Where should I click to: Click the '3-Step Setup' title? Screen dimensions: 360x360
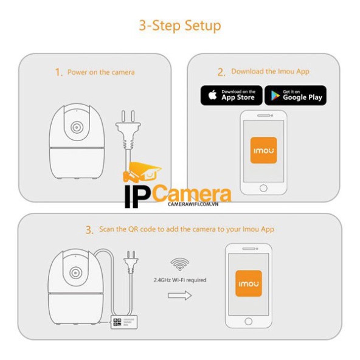pyautogui.click(x=179, y=26)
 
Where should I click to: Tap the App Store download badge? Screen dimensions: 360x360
pyautogui.click(x=232, y=95)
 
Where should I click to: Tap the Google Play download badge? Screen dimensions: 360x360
pyautogui.click(x=296, y=95)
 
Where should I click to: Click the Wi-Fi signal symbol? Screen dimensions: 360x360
pyautogui.click(x=179, y=264)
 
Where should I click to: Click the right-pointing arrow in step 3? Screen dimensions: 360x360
pyautogui.click(x=179, y=295)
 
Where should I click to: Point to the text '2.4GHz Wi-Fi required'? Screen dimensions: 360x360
pyautogui.click(x=179, y=280)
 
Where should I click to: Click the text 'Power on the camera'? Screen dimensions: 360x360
pyautogui.click(x=101, y=72)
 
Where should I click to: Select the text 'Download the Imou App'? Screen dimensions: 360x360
pyautogui.click(x=270, y=72)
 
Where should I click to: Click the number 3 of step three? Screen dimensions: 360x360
pyautogui.click(x=89, y=230)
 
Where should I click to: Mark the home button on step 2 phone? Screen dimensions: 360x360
pyautogui.click(x=263, y=189)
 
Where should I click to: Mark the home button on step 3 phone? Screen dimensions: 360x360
pyautogui.click(x=248, y=320)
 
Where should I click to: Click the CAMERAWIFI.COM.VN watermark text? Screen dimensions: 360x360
pyautogui.click(x=193, y=205)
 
